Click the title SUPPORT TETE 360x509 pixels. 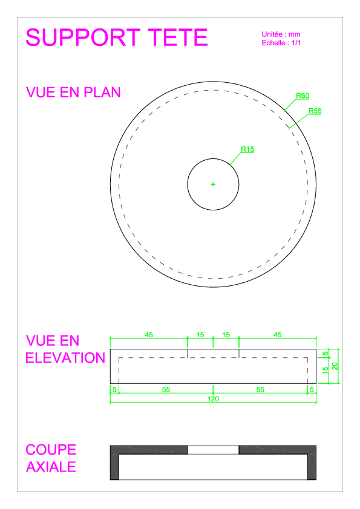(117, 37)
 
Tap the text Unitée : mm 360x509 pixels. (281, 34)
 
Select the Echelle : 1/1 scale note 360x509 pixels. (281, 43)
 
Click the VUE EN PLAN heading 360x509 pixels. (73, 92)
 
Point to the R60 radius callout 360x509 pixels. (303, 96)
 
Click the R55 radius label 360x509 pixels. (315, 111)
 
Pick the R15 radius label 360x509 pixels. (247, 149)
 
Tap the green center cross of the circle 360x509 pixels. (213, 184)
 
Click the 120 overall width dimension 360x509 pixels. (213, 399)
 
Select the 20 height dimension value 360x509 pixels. (335, 366)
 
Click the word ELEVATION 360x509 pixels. (65, 358)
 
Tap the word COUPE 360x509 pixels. (51, 450)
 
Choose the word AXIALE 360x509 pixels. (51, 467)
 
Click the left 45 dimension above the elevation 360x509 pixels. (149, 335)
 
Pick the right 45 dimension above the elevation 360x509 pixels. (278, 335)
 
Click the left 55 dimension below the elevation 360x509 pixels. (166, 389)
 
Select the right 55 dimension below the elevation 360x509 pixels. (260, 389)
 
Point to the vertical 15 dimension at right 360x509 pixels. (326, 371)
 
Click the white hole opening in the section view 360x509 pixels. (213, 450)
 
